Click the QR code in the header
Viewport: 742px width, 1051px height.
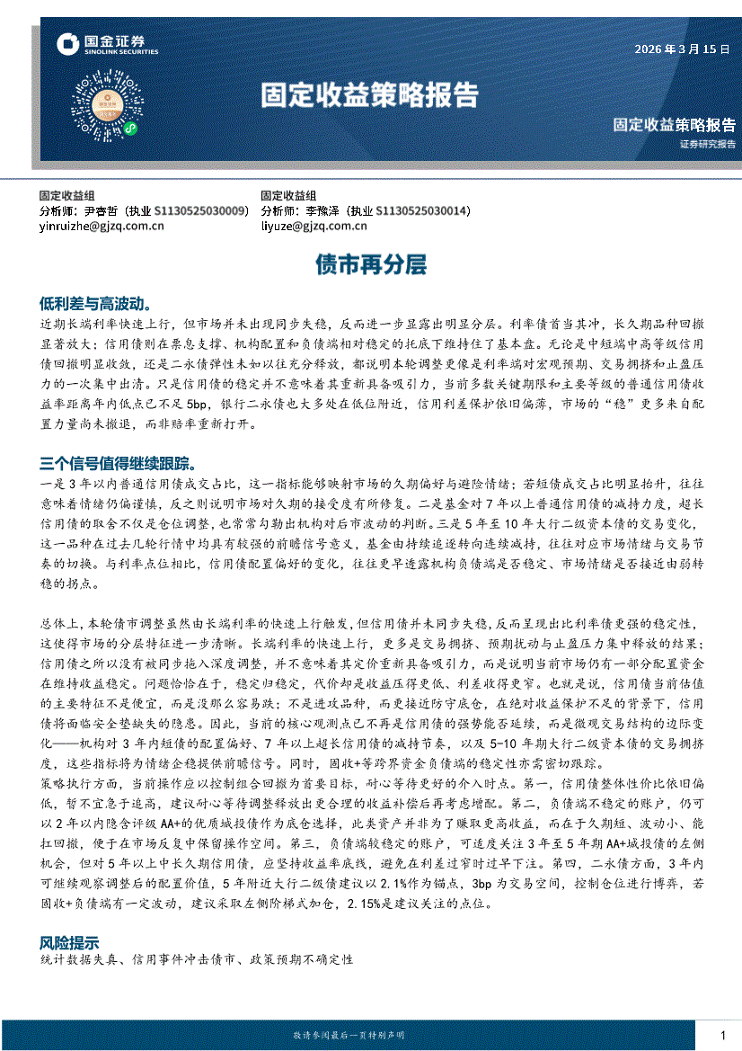click(x=108, y=108)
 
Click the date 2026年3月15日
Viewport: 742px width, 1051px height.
click(x=683, y=50)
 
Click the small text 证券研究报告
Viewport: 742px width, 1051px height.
click(x=707, y=144)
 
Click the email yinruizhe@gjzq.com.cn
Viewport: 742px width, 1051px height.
click(x=102, y=227)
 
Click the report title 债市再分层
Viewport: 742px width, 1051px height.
click(x=369, y=264)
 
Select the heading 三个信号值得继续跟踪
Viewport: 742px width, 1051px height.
click(x=118, y=464)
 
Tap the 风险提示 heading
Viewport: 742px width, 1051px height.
click(x=69, y=943)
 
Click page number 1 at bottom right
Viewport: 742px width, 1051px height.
click(x=722, y=1036)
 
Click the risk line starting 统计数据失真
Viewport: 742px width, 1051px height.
click(x=197, y=960)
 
